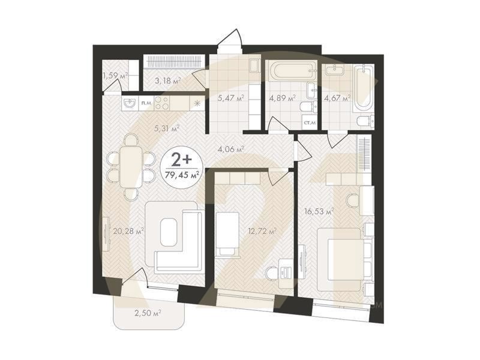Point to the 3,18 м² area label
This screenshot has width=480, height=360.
pyautogui.click(x=167, y=80)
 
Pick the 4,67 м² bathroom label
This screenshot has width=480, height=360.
pyautogui.click(x=337, y=98)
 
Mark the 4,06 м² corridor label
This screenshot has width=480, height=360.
pyautogui.click(x=230, y=149)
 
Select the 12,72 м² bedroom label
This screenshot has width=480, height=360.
pyautogui.click(x=263, y=230)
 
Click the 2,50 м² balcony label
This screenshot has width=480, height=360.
pyautogui.click(x=149, y=313)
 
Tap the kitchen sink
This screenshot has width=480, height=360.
pyautogui.click(x=130, y=104)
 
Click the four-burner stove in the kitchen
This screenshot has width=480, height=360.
pyautogui.click(x=162, y=104)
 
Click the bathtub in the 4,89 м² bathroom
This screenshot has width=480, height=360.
pyautogui.click(x=289, y=71)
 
